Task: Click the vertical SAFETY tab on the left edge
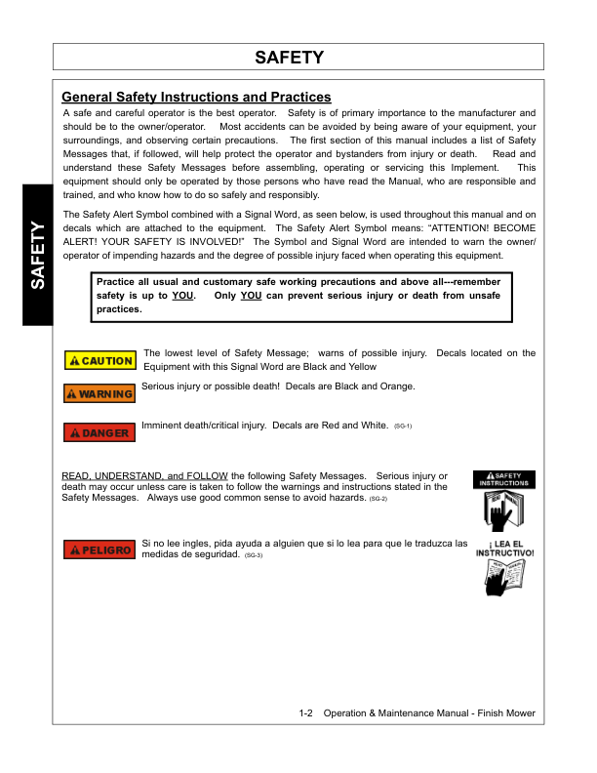[37, 256]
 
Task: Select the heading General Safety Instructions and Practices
[196, 98]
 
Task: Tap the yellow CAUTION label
[99, 361]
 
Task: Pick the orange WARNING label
[99, 394]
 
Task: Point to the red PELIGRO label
[99, 550]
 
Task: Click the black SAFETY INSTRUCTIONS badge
[504, 479]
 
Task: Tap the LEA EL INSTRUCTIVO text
[504, 548]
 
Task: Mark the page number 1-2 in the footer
[306, 713]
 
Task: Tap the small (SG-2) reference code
[378, 499]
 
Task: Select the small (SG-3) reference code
[253, 554]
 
